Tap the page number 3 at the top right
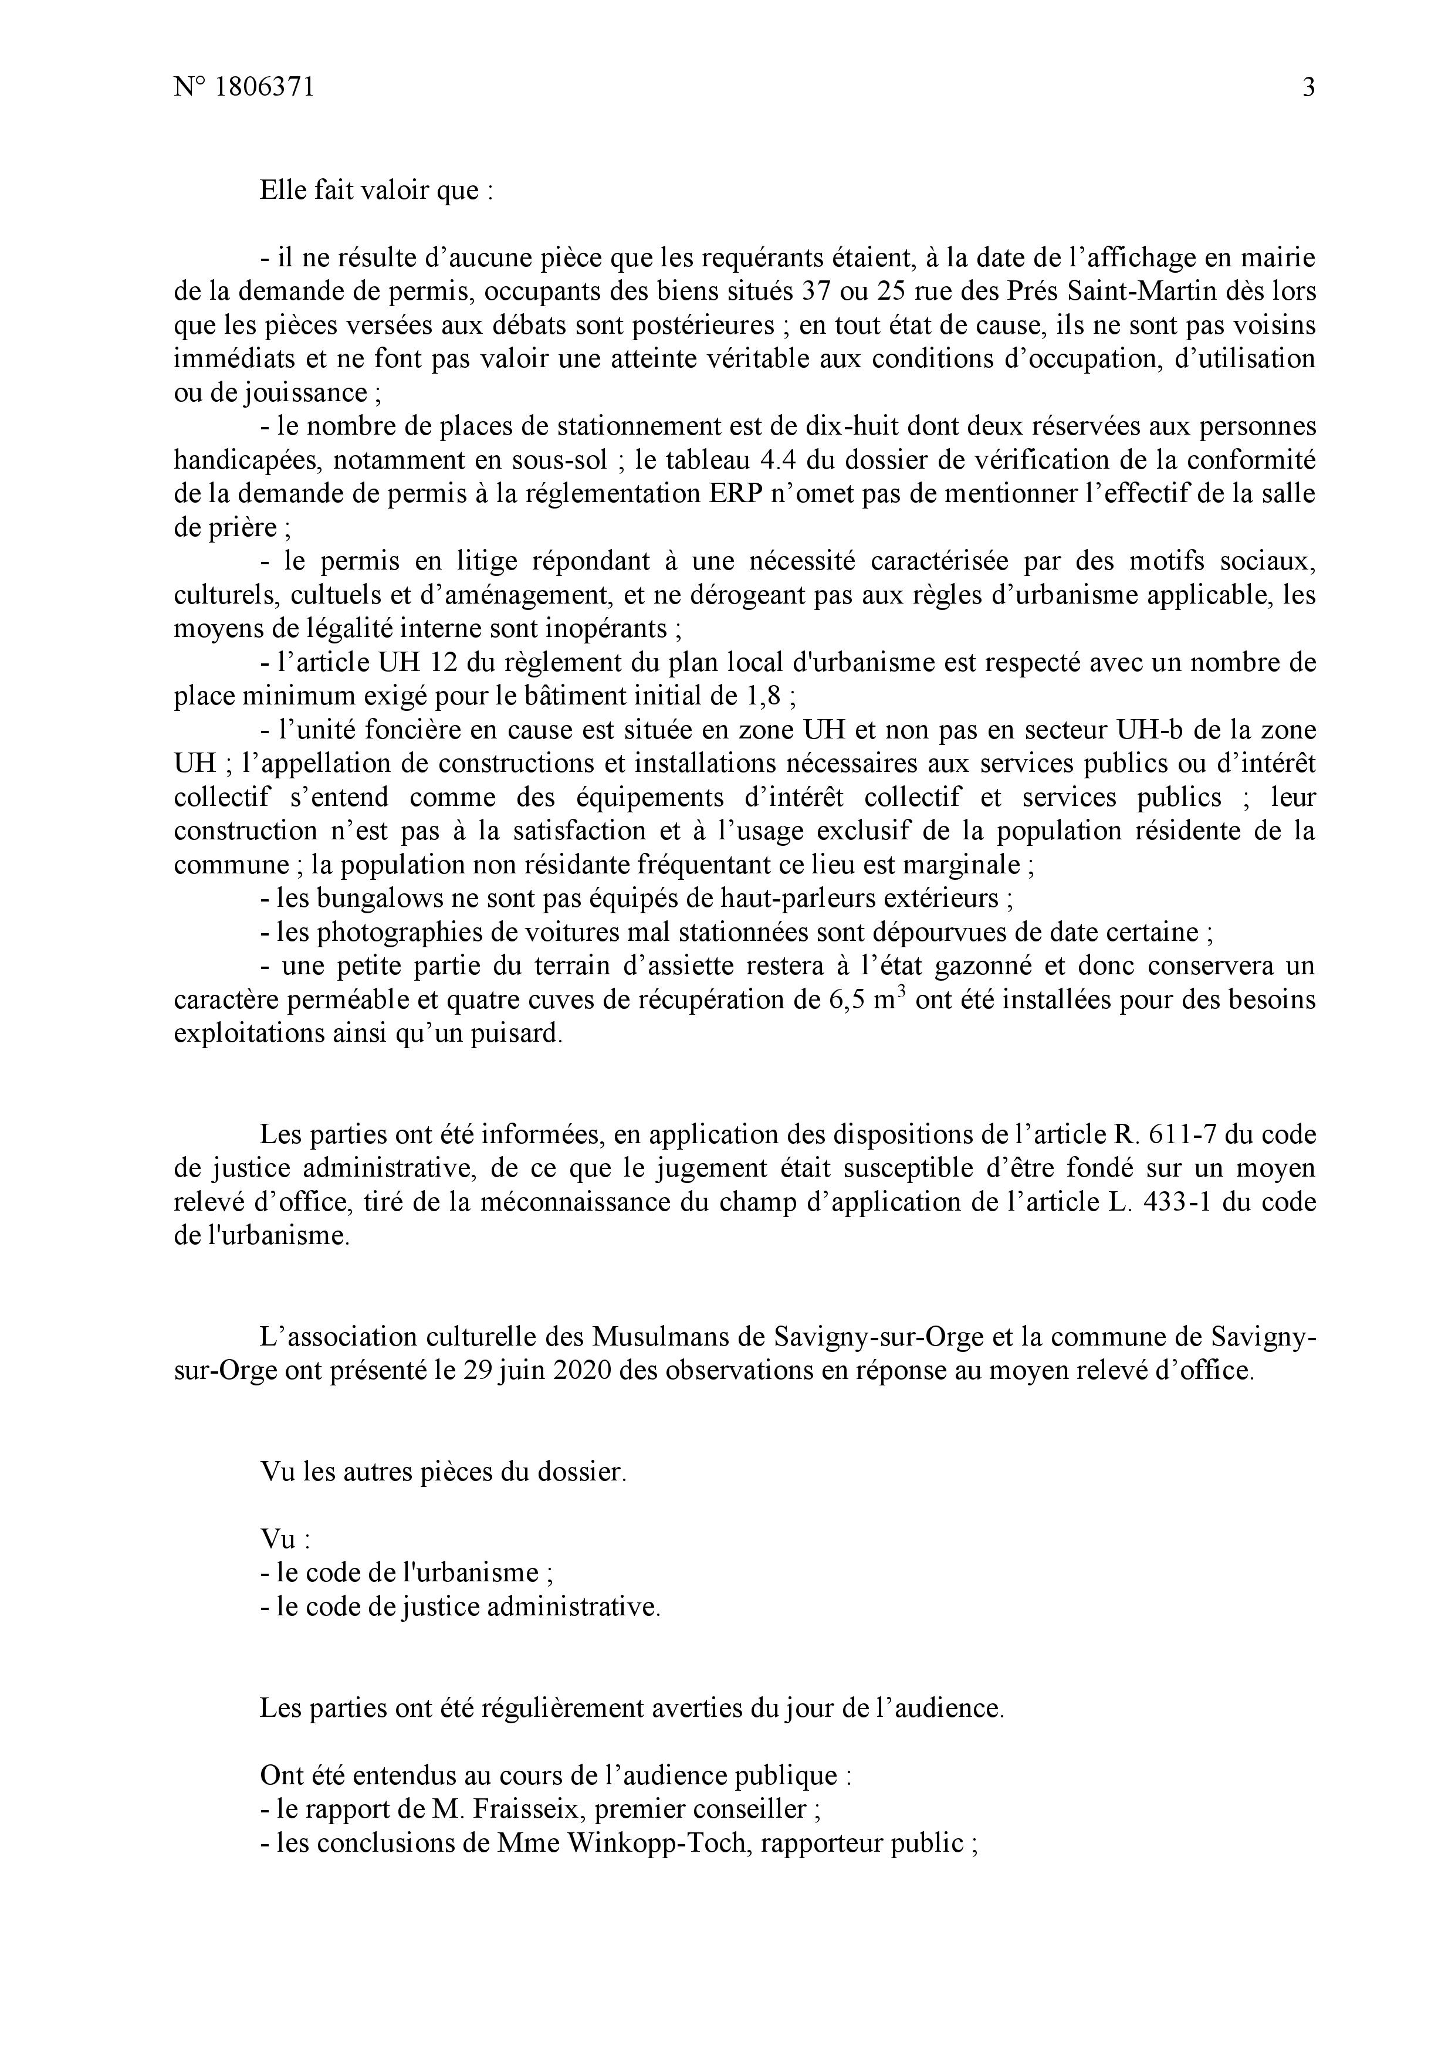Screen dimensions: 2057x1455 pos(1308,88)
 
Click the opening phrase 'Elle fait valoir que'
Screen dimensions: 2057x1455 pos(369,191)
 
